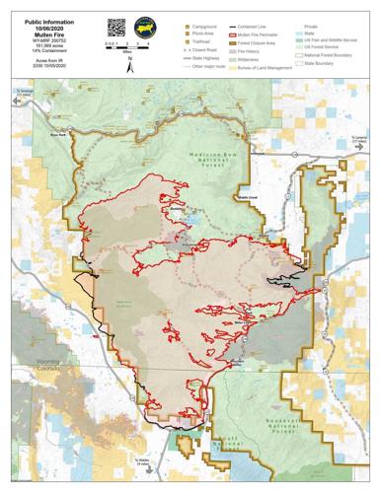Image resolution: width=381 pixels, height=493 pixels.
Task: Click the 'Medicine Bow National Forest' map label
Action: [206, 161]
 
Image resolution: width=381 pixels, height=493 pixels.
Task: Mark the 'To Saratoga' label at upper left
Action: [27, 92]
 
